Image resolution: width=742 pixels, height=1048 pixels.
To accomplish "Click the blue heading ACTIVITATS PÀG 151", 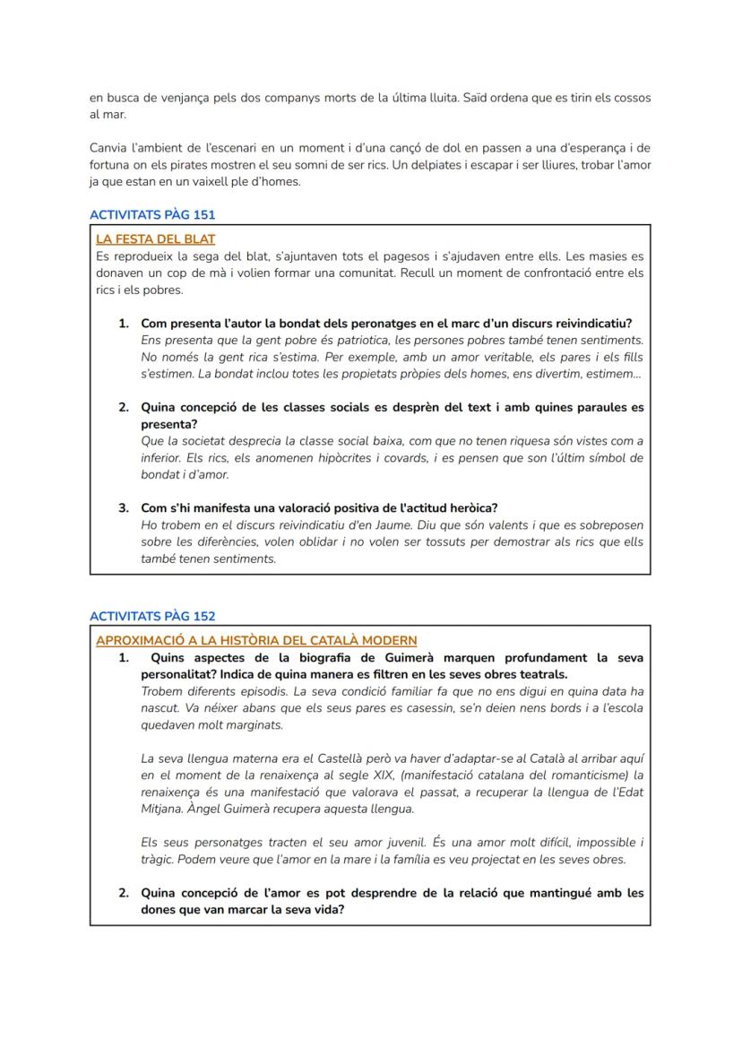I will coord(152,215).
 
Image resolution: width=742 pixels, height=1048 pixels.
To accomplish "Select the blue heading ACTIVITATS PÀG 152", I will coord(152,616).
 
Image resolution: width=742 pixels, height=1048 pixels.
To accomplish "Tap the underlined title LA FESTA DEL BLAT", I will coord(155,239).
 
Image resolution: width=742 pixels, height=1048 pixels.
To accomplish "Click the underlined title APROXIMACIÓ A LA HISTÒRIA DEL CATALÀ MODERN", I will coord(256,640).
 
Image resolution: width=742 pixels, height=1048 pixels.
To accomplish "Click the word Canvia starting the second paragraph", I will coord(108,148).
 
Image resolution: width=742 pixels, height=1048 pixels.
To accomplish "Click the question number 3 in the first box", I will coord(124,508).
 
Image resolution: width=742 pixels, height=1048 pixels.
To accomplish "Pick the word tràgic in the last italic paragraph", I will coord(159,860).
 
